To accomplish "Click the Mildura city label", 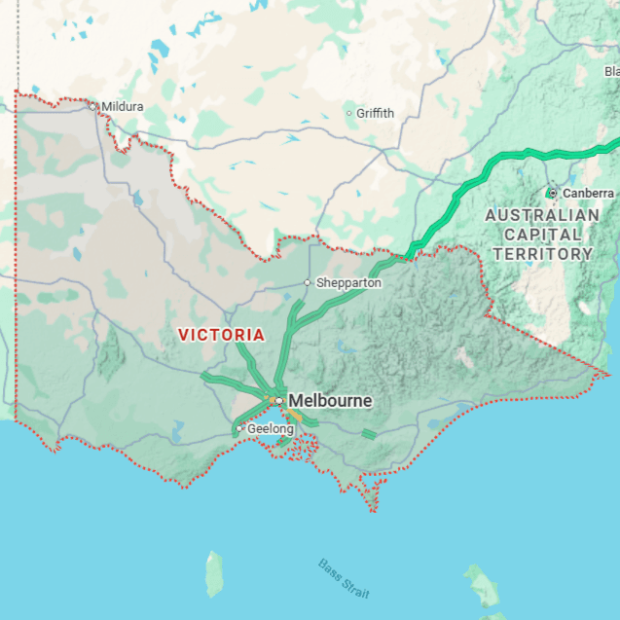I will point(123,106).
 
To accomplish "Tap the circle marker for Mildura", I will point(93,106).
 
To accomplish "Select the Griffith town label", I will point(375,113).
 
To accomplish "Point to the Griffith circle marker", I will point(349,113).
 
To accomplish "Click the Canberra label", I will point(588,193).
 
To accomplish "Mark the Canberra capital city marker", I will point(552,193).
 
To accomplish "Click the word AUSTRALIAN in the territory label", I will point(542,215).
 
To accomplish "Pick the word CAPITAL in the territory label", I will point(542,235).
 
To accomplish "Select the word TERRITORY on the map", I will point(542,254).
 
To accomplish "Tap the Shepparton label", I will point(348,282).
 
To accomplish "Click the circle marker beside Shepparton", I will point(308,282).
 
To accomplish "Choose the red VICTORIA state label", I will point(221,334).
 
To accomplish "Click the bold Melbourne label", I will point(330,400).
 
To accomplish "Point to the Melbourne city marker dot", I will point(278,400).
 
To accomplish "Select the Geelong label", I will point(270,428).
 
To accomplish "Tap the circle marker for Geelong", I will point(239,428).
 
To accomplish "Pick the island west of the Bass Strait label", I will point(213,574).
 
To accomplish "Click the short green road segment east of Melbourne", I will point(369,433).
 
